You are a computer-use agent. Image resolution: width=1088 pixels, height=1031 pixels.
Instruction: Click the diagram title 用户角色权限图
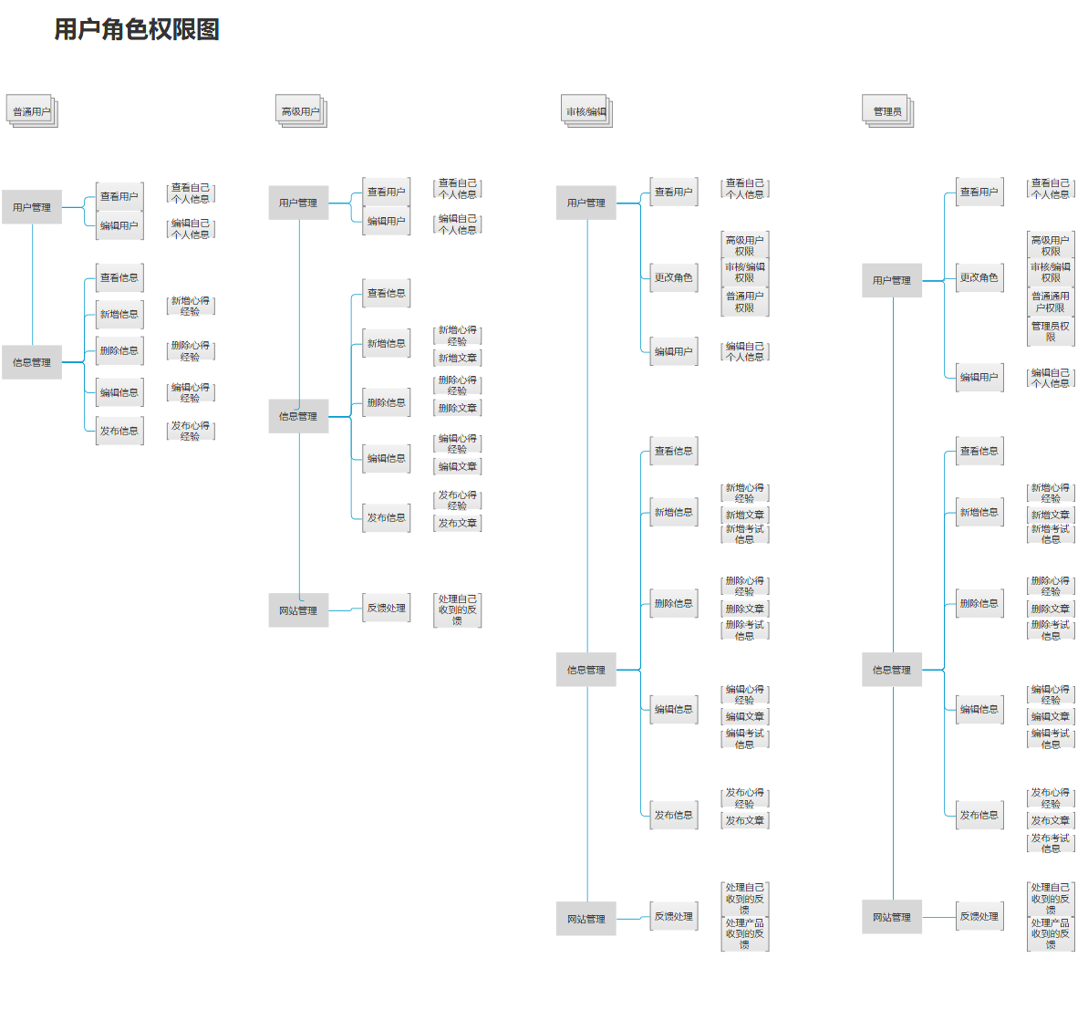(x=137, y=29)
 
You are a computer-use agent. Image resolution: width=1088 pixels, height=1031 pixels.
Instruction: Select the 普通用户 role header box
(x=31, y=111)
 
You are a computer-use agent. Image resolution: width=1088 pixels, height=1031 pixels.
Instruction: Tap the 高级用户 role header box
(x=300, y=111)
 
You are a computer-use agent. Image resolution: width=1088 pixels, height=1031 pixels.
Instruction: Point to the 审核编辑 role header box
(x=585, y=111)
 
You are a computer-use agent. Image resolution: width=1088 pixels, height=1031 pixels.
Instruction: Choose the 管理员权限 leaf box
(x=1051, y=331)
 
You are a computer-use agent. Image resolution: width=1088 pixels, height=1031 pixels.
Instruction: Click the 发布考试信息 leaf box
(x=1051, y=843)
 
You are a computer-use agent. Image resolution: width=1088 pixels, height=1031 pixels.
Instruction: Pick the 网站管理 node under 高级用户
(x=298, y=610)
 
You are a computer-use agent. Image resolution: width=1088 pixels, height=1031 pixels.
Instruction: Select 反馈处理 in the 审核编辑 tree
(x=673, y=916)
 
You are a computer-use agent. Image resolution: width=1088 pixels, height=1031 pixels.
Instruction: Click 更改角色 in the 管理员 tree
(x=979, y=277)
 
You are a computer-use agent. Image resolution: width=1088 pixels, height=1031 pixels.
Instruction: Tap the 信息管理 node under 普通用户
(x=32, y=362)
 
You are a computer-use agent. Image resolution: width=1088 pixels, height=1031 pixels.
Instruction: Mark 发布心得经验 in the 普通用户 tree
(x=191, y=431)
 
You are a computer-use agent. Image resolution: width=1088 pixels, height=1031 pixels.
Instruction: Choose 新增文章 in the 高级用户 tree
(x=457, y=358)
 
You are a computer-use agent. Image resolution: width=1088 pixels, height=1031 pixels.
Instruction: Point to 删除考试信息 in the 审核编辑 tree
(x=745, y=630)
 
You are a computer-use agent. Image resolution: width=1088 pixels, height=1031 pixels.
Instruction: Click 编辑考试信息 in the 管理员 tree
(x=1051, y=739)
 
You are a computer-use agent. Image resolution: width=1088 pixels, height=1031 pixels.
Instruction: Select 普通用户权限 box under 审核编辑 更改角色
(x=745, y=302)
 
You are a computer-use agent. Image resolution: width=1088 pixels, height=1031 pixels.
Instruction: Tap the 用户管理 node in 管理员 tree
(x=891, y=280)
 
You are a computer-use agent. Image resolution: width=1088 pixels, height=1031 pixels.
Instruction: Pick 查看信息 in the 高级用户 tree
(x=386, y=293)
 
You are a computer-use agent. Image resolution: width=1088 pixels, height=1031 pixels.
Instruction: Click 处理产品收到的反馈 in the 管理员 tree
(x=1051, y=933)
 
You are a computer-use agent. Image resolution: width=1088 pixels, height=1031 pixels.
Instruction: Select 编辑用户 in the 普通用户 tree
(x=119, y=225)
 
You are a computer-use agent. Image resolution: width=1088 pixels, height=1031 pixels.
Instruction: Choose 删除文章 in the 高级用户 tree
(x=457, y=408)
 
